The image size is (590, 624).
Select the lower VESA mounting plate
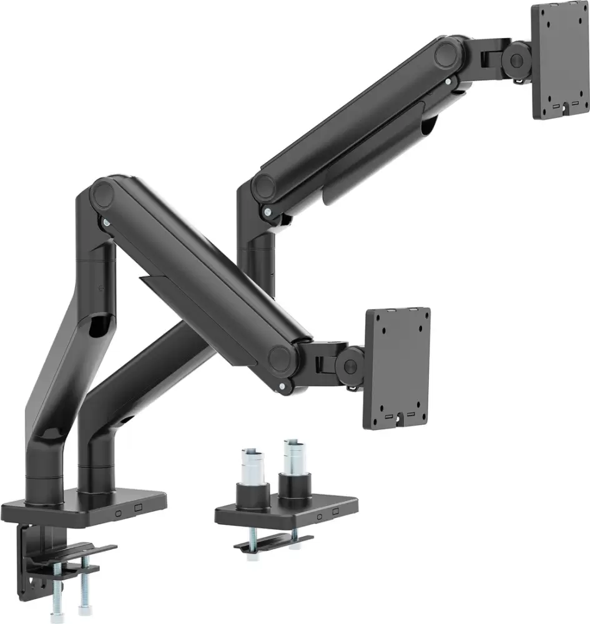coord(398,368)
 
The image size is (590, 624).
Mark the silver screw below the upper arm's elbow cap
coord(268,212)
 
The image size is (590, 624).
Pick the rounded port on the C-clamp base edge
coord(118,512)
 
